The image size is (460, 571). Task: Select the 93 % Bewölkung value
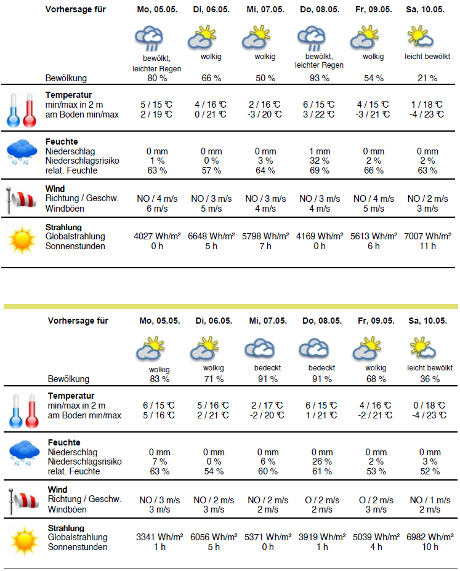(320, 78)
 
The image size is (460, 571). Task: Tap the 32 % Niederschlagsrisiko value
(320, 161)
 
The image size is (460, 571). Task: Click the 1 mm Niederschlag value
(320, 151)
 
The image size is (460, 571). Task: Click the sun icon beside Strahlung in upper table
(20, 241)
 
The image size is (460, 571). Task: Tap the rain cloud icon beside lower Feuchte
(23, 455)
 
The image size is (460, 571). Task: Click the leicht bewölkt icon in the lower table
(422, 348)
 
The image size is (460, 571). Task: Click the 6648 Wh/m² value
(211, 236)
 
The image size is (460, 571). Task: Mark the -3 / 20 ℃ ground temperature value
(265, 114)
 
